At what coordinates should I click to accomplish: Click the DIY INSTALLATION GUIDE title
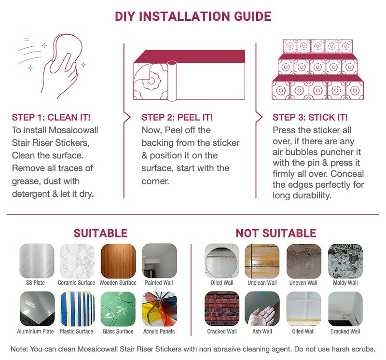[x=193, y=16]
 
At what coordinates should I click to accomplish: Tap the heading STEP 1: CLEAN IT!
[x=51, y=117]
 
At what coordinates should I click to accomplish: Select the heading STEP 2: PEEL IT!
[x=177, y=117]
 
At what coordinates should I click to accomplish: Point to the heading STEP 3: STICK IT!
[x=310, y=117]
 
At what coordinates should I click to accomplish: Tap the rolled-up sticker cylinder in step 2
[x=172, y=81]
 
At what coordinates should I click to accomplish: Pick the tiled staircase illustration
[x=318, y=69]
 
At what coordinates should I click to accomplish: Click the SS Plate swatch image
[x=37, y=261]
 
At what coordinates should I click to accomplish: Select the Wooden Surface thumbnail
[x=118, y=261]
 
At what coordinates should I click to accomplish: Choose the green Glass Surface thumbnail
[x=118, y=309]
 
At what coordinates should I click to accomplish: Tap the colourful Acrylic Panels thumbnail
[x=160, y=309]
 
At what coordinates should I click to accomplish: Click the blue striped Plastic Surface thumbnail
[x=77, y=309]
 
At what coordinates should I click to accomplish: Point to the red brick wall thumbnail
[x=222, y=309]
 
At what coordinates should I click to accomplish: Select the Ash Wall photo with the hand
[x=262, y=309]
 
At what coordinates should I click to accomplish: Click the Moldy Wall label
[x=345, y=283]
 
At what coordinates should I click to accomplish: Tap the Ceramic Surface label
[x=76, y=283]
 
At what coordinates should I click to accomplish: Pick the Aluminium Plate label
[x=35, y=332]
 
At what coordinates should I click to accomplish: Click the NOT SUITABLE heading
[x=276, y=233]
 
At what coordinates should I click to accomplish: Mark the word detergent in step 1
[x=31, y=194]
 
